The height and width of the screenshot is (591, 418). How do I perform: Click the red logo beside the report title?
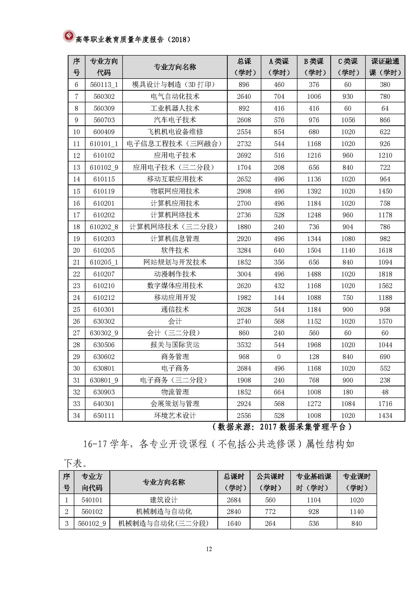[x=68, y=36]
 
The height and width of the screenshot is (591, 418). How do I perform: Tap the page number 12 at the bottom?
[x=209, y=549]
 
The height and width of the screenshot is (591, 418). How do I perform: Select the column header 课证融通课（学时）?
[x=385, y=67]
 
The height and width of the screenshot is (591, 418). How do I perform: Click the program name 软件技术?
[x=175, y=250]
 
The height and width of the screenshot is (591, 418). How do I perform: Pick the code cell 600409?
[x=104, y=132]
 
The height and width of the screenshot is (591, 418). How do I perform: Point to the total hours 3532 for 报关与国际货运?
[x=244, y=345]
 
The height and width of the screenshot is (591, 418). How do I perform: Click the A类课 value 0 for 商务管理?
[x=279, y=357]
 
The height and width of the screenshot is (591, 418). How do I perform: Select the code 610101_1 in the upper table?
[x=104, y=144]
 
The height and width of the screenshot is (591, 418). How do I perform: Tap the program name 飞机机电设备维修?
[x=175, y=132]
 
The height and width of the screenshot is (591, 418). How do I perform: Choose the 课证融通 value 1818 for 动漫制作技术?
[x=385, y=274]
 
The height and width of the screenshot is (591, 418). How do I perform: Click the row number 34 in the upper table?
[x=76, y=415]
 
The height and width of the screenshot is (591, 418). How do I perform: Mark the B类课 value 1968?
[x=314, y=345]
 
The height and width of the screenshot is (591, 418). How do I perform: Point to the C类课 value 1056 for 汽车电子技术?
[x=348, y=120]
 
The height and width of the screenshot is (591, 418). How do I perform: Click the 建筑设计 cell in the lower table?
[x=164, y=500]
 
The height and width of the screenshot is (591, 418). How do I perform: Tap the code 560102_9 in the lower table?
[x=92, y=523]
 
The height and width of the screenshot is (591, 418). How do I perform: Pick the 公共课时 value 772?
[x=270, y=511]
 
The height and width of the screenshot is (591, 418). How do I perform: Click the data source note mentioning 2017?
[x=282, y=427]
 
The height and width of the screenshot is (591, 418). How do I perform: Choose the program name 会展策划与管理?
[x=175, y=404]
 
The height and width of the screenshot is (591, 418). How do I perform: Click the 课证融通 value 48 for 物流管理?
[x=385, y=392]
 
